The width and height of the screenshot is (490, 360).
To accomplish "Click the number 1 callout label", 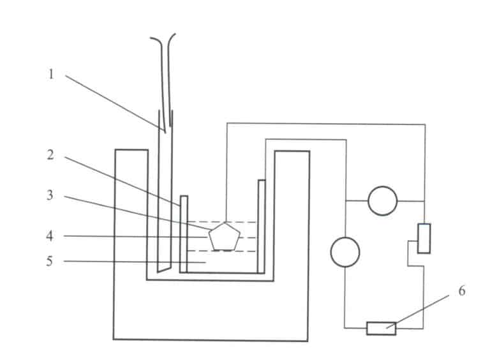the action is (x=51, y=74).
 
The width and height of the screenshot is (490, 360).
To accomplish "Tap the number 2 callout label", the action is (x=51, y=155).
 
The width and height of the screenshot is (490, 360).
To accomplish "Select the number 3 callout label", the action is (x=51, y=195).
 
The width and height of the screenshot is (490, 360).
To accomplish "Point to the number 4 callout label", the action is (x=51, y=236).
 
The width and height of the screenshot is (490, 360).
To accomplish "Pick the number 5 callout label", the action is (x=51, y=261).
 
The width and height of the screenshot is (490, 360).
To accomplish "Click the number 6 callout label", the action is (x=461, y=292).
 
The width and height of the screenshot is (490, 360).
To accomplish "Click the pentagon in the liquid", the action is (x=225, y=237).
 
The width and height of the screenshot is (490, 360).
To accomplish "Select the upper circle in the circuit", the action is (x=383, y=200).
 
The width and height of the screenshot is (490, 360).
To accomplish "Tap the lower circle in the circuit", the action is (x=345, y=251).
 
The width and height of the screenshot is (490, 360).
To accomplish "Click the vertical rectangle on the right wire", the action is (x=424, y=238).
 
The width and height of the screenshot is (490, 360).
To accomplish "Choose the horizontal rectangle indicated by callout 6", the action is (x=381, y=328).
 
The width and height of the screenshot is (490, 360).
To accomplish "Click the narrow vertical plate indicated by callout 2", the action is (x=184, y=234).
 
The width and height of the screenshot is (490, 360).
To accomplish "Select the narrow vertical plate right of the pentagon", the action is (x=261, y=227).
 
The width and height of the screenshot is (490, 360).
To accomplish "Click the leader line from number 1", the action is (x=115, y=103).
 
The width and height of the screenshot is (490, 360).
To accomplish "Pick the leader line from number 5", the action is (x=134, y=261).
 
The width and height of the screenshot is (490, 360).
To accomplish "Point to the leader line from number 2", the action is (x=121, y=179).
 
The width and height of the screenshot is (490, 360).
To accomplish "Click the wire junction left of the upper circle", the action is (x=345, y=200).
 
